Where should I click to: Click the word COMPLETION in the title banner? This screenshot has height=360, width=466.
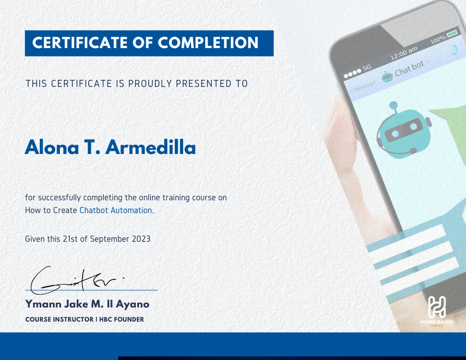point(208,43)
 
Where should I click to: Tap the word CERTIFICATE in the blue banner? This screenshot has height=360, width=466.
point(80,43)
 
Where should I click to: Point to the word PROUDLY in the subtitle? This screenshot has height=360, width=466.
point(150,84)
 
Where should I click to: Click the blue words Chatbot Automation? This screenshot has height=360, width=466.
point(116,210)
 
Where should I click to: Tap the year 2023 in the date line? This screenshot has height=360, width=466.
point(141,239)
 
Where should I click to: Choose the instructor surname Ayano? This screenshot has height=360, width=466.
point(132,304)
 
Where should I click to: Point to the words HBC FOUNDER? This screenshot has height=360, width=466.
point(121,319)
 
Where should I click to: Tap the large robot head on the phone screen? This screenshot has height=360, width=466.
point(404,131)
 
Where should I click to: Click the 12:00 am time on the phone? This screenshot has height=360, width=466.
point(404,53)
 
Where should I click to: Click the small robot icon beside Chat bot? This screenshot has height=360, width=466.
point(387,77)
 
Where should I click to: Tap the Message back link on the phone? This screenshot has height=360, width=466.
point(363,86)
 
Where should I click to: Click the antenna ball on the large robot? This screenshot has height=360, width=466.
point(394,105)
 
